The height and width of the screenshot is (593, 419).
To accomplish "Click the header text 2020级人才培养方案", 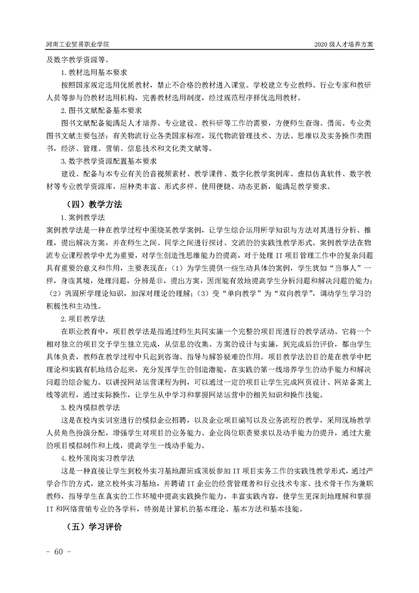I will (343, 44).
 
